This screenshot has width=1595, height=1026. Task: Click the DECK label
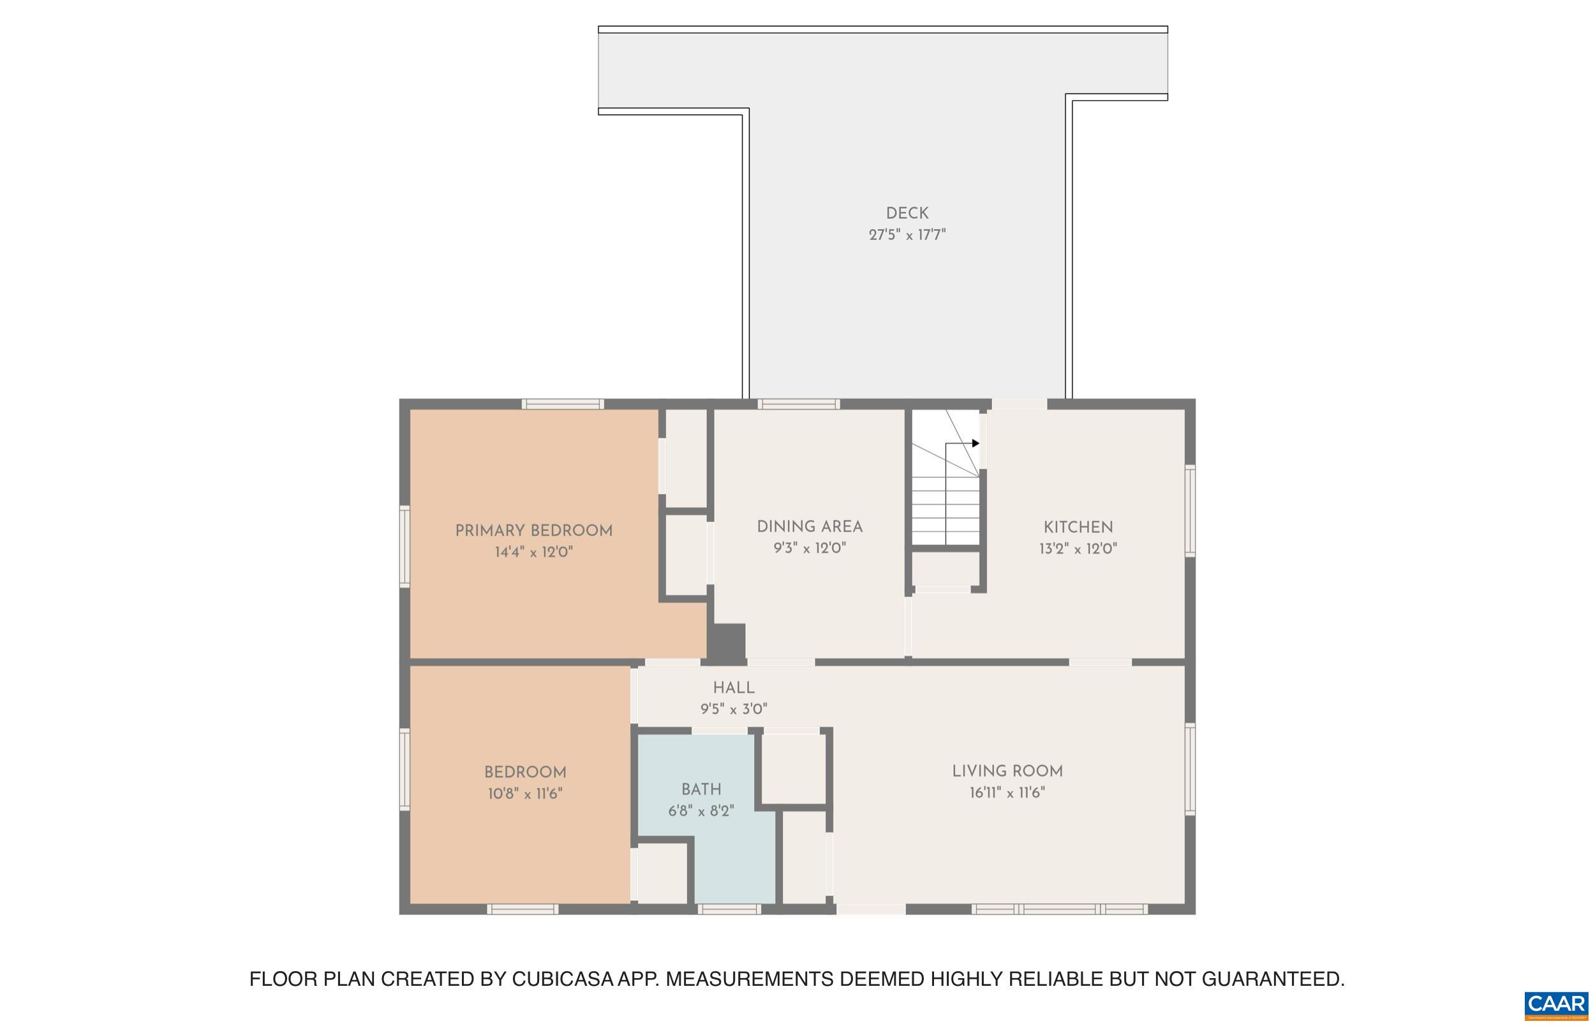[907, 213]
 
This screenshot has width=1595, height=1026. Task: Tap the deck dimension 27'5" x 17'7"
[907, 235]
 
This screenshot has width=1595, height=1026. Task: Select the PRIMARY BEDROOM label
[533, 531]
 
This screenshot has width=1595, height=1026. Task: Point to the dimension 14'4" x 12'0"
[533, 553]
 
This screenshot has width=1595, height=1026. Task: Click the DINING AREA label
[809, 527]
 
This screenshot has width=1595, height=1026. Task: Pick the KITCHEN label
[1078, 528]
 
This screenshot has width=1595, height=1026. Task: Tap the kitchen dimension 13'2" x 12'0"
[1078, 549]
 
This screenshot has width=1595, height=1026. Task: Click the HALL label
[733, 688]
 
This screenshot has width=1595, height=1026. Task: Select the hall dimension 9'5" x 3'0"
[733, 710]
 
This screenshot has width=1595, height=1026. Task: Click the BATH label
[701, 789]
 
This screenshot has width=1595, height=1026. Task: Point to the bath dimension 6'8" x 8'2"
[701, 811]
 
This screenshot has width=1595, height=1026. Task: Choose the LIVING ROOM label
[1007, 771]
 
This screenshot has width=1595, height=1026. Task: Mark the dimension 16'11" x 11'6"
[1007, 793]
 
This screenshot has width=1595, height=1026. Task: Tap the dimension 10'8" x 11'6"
[525, 794]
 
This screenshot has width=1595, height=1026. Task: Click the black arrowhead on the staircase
[976, 443]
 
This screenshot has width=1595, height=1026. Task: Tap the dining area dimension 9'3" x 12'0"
[809, 548]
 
